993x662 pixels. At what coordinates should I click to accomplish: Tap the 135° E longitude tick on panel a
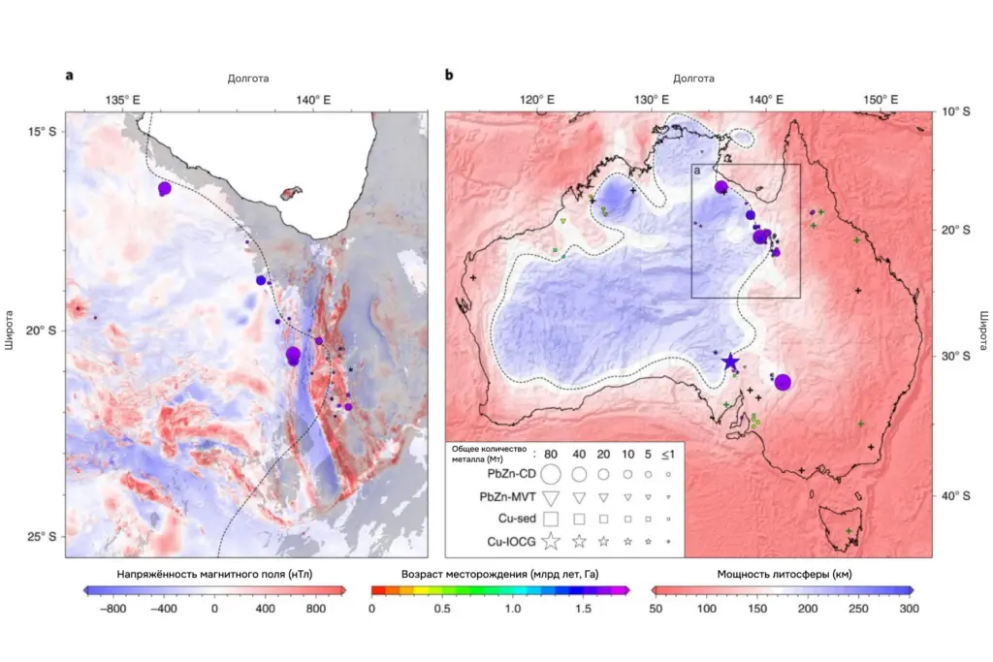point(122,99)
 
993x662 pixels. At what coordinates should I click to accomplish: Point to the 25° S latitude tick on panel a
point(41,536)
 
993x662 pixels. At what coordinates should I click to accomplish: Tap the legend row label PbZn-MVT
point(509,496)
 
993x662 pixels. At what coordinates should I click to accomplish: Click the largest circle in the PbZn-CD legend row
point(551,475)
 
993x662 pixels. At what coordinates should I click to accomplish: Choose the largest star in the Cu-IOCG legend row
point(551,540)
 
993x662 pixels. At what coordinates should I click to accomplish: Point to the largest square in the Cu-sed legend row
point(551,519)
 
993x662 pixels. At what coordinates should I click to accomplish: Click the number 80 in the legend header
point(551,452)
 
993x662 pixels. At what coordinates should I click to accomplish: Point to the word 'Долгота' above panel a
point(248,78)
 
